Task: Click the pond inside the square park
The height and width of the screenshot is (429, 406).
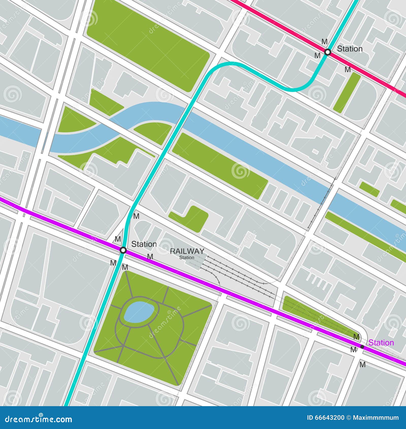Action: click(139, 312)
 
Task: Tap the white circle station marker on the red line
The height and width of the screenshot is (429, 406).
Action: click(328, 52)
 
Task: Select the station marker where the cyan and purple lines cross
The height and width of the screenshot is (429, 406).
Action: click(123, 250)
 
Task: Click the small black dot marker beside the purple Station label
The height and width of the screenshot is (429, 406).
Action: click(362, 346)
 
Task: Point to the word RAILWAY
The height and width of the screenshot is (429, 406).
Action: click(187, 251)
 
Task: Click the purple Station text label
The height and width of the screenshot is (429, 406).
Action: click(381, 343)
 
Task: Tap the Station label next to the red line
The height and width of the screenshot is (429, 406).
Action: click(349, 49)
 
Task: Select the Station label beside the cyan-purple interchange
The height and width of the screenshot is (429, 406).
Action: click(144, 244)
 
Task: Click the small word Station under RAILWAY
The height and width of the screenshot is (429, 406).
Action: click(187, 257)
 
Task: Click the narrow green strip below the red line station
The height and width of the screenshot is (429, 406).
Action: click(346, 93)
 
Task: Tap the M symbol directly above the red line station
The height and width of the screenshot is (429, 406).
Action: click(324, 41)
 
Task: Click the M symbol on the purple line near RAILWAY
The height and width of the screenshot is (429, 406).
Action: click(150, 257)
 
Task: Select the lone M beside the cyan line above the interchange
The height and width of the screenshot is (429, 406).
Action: click(136, 216)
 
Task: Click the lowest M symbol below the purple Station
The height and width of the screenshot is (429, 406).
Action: click(363, 365)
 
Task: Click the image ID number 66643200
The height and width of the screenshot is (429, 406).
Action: click(329, 418)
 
